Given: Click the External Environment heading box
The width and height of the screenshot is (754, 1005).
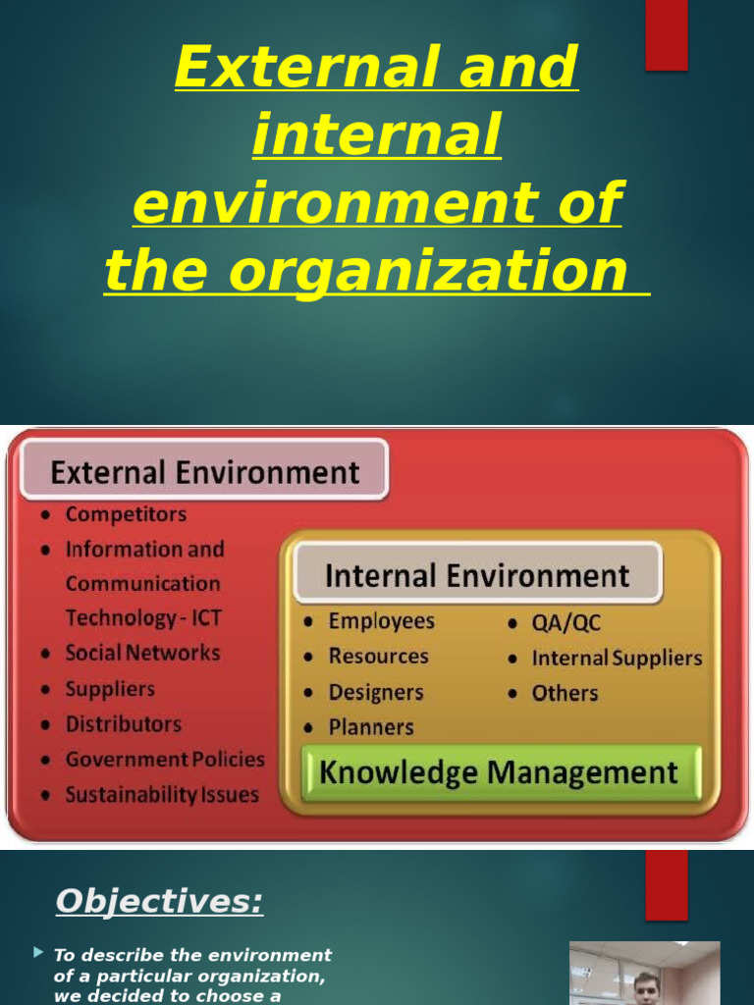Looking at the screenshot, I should [x=204, y=472].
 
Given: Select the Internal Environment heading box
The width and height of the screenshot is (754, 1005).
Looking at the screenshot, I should [x=477, y=574].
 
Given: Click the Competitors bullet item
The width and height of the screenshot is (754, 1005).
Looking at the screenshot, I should [x=125, y=514].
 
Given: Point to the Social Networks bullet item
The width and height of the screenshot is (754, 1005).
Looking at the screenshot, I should [x=142, y=653].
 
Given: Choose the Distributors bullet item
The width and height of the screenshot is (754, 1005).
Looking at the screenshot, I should [x=123, y=724].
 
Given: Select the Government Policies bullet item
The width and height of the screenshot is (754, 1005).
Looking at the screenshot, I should [x=164, y=760].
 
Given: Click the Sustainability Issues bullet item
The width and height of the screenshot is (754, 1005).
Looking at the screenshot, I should [x=161, y=795].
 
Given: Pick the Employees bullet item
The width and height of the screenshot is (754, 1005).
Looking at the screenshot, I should [x=381, y=621].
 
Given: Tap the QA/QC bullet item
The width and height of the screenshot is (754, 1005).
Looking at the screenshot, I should [x=565, y=623].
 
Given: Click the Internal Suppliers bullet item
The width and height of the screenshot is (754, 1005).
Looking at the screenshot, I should [x=617, y=659].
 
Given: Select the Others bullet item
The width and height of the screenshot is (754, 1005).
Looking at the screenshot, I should [x=565, y=693].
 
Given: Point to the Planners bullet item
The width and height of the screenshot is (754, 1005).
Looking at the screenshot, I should [x=370, y=727].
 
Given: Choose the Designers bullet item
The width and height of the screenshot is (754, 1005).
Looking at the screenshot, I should [x=375, y=692].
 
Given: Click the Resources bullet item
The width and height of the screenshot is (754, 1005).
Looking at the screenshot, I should [x=378, y=657].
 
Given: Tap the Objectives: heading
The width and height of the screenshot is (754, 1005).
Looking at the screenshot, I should [x=159, y=901].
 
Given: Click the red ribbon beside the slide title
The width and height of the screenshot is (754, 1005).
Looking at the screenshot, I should [x=666, y=35].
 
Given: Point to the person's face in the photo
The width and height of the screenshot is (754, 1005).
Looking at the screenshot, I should [x=647, y=987].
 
